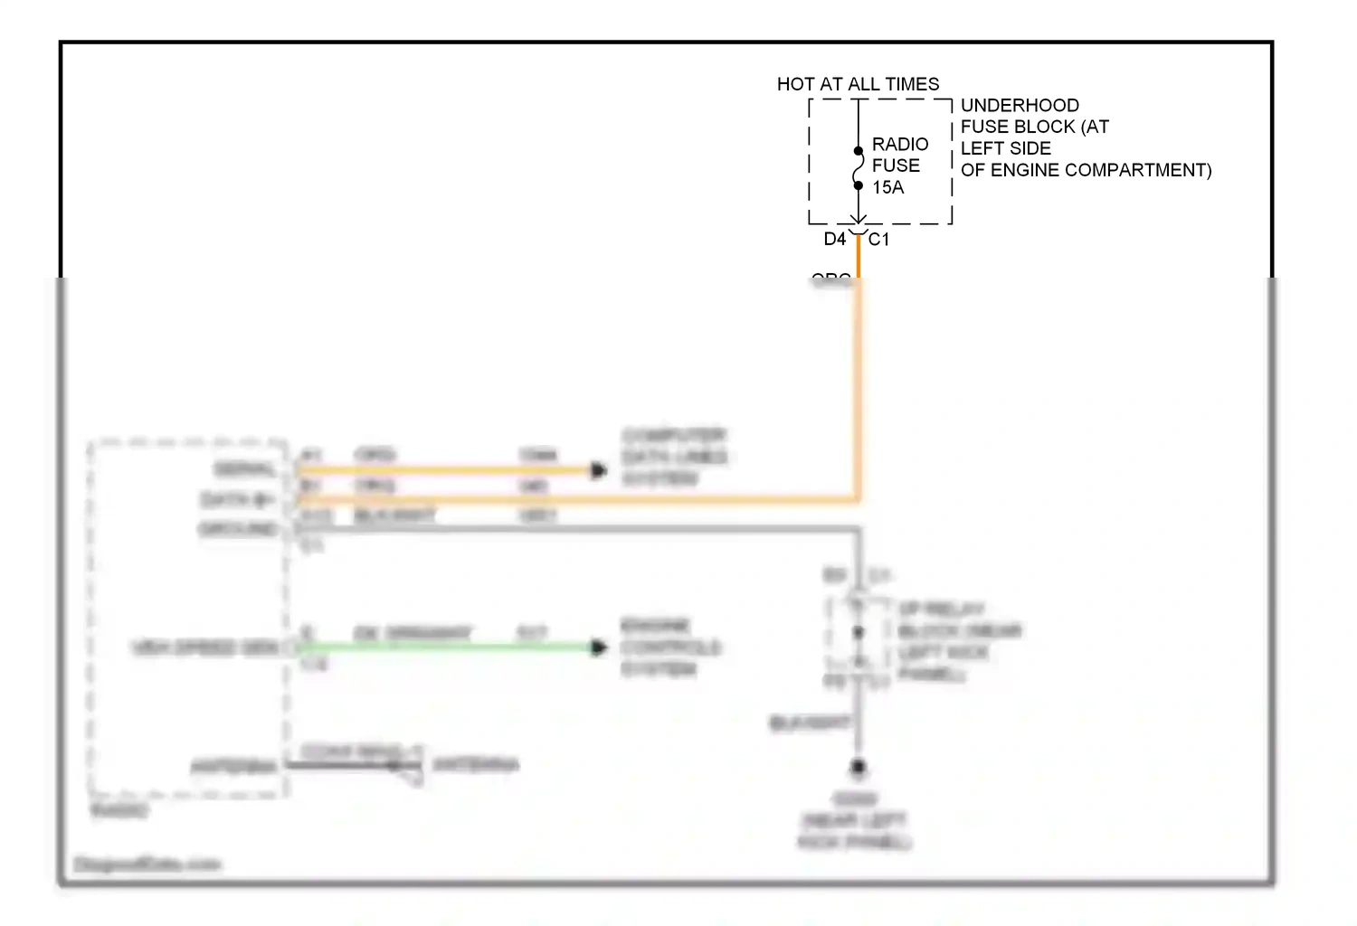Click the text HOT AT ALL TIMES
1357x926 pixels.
pyautogui.click(x=858, y=84)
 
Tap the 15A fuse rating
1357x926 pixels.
pyautogui.click(x=887, y=187)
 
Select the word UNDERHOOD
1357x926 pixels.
pyautogui.click(x=1020, y=105)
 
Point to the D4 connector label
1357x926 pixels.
pyautogui.click(x=834, y=239)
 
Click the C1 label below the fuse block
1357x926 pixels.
pyautogui.click(x=878, y=239)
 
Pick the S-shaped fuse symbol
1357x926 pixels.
pyautogui.click(x=859, y=168)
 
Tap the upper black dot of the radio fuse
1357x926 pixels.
pyautogui.click(x=859, y=151)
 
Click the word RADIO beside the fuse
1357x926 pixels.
pyautogui.click(x=900, y=144)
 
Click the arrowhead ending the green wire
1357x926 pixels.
pyautogui.click(x=598, y=647)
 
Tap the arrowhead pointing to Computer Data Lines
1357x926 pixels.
pyautogui.click(x=598, y=470)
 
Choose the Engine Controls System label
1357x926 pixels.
pyautogui.click(x=669, y=647)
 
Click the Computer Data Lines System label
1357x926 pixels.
pyautogui.click(x=674, y=457)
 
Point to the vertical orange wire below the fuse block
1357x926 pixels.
pyautogui.click(x=859, y=380)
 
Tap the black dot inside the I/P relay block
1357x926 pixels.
pyautogui.click(x=859, y=632)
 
